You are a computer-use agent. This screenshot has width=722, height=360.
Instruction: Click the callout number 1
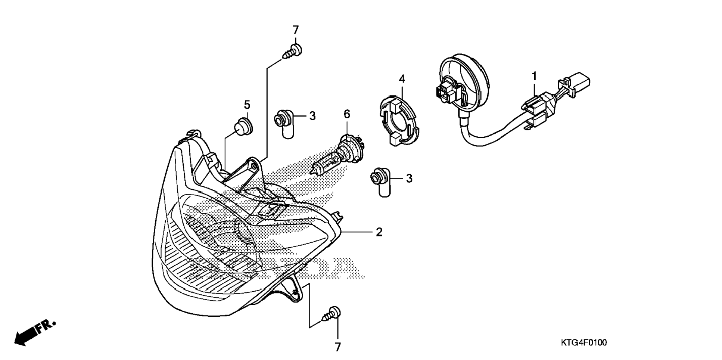tap(534, 76)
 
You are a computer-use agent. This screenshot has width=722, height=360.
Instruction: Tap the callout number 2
tap(379, 232)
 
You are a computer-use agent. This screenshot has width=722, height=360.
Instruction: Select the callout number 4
tap(402, 79)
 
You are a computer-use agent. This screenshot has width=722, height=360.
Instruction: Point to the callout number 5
tap(247, 105)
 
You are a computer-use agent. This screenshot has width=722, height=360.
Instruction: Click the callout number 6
tap(347, 114)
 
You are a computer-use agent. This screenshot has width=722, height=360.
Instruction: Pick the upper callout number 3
tap(312, 116)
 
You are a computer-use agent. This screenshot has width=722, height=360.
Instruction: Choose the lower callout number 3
tap(409, 179)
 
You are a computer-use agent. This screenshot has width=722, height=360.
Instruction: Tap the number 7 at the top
tap(295, 30)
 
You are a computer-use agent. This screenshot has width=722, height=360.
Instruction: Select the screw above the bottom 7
tap(331, 314)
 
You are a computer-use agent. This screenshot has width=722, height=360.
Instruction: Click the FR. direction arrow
tap(34, 333)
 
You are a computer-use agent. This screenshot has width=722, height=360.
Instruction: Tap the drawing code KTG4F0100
tap(583, 342)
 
